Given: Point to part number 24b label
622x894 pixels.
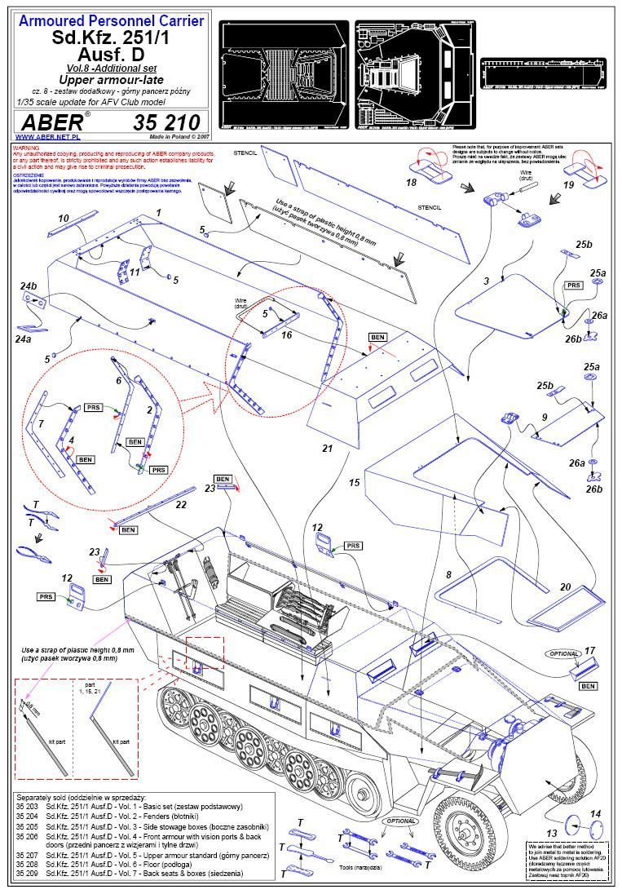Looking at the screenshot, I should pyautogui.click(x=29, y=285).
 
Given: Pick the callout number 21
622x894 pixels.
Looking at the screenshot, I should pyautogui.click(x=328, y=449).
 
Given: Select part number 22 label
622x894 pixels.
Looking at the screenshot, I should pyautogui.click(x=181, y=505).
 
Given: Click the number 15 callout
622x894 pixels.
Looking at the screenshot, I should pyautogui.click(x=354, y=483).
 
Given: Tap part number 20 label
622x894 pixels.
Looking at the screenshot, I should pyautogui.click(x=565, y=587).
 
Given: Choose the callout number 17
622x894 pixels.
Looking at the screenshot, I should pyautogui.click(x=590, y=650).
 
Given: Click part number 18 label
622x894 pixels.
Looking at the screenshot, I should pyautogui.click(x=411, y=182).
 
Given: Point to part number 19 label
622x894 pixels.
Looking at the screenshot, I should pyautogui.click(x=569, y=186).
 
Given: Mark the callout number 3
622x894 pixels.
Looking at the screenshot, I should pyautogui.click(x=486, y=281).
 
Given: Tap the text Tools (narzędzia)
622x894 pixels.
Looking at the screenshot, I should pyautogui.click(x=360, y=867).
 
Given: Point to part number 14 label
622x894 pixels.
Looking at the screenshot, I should pyautogui.click(x=595, y=814).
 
